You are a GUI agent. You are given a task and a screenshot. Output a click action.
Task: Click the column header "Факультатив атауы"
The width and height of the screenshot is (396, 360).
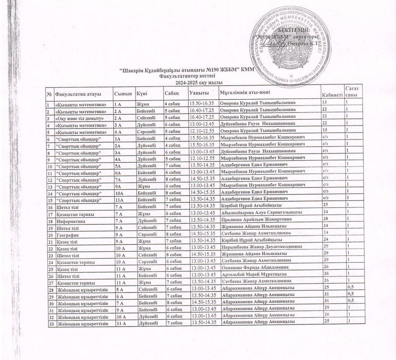click(77, 94)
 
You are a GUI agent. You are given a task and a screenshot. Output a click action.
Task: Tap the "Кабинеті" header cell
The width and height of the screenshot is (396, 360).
click(332, 96)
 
